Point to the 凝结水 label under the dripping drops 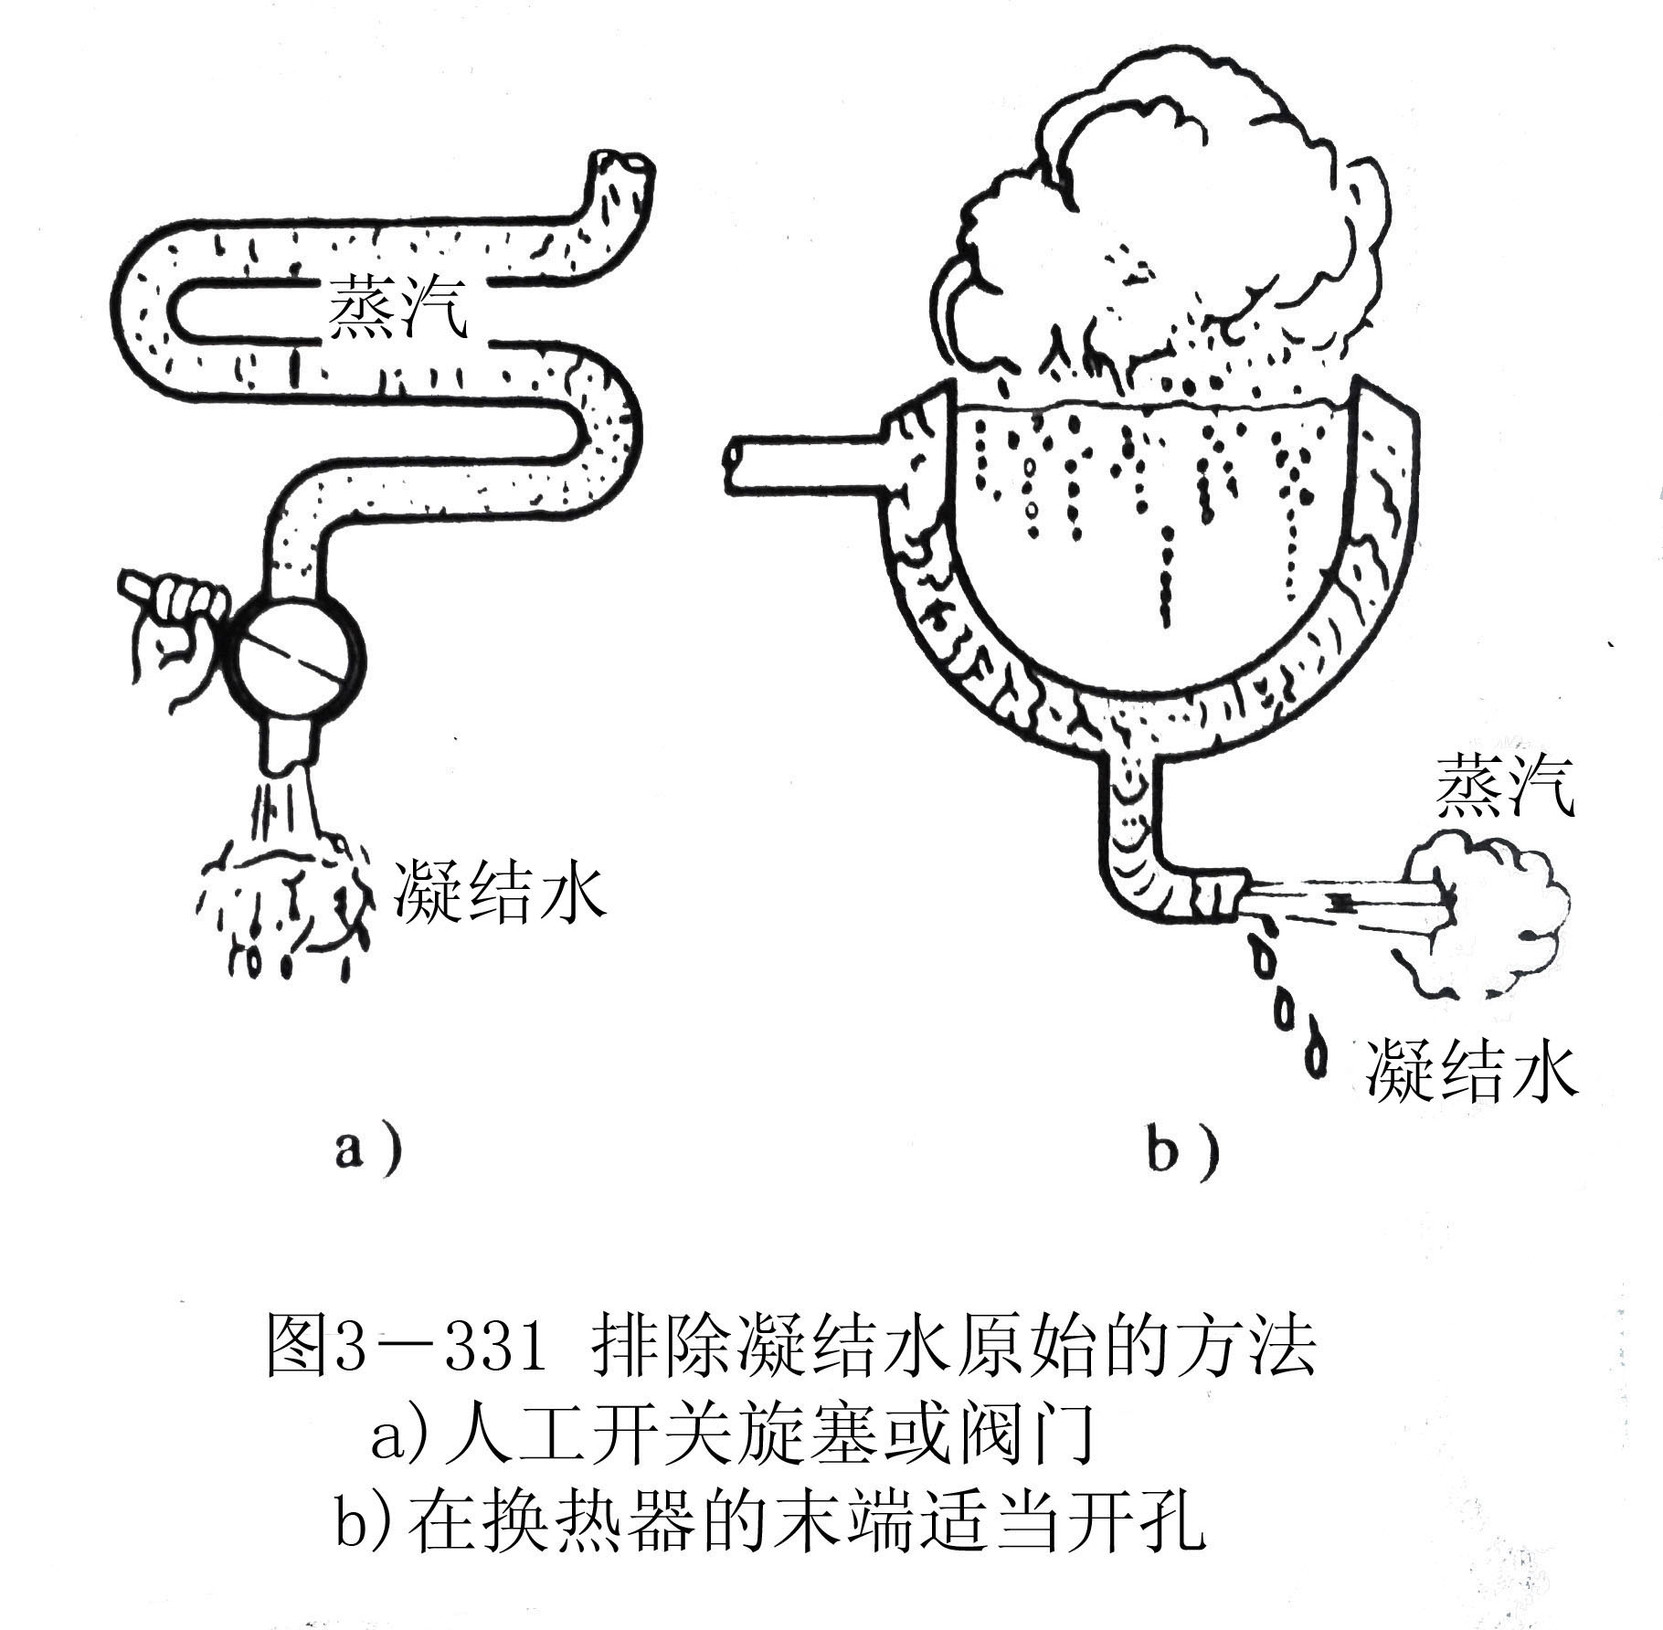click(x=1472, y=1068)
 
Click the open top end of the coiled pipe click(x=624, y=170)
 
